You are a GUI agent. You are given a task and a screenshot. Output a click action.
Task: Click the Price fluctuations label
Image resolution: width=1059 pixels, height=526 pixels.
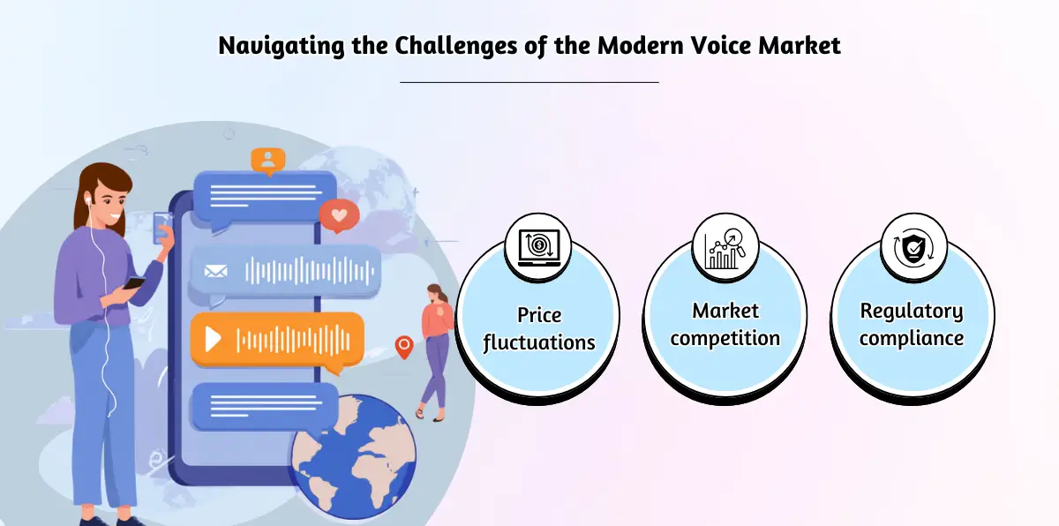click(538, 328)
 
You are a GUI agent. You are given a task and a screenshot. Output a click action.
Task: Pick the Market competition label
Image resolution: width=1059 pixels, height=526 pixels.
click(725, 324)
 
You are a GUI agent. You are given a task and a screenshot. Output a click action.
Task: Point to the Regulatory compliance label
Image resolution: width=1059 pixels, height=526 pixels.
click(912, 324)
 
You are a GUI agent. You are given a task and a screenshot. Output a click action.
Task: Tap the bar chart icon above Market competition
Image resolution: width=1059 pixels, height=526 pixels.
click(725, 244)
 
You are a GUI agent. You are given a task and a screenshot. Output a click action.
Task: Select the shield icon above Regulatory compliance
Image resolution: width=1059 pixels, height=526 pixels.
click(913, 244)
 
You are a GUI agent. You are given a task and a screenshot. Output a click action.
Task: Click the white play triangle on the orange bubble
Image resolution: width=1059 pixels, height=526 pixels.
click(213, 338)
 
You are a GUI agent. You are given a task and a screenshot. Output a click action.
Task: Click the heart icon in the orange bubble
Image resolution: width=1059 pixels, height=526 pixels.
click(339, 214)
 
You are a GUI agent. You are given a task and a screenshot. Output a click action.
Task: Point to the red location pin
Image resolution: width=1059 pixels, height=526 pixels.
click(403, 346)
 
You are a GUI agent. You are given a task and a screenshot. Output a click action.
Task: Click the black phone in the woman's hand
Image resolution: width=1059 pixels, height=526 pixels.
click(134, 282)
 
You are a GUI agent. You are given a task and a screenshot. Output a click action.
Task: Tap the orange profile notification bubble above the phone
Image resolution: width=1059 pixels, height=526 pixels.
click(267, 160)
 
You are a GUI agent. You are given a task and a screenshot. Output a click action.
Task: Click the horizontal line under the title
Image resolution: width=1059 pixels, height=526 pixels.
click(529, 82)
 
